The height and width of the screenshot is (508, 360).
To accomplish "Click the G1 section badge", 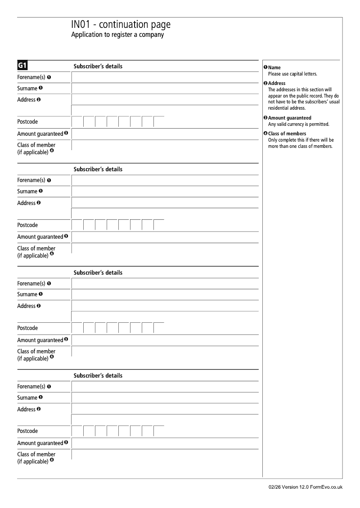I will (22, 66).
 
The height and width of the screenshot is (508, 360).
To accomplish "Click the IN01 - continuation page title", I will (121, 25).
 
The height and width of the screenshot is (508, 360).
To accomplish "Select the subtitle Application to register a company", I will (117, 35).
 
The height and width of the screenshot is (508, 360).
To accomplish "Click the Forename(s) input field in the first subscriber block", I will (165, 77).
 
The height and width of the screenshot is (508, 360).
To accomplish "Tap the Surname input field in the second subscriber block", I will (165, 192).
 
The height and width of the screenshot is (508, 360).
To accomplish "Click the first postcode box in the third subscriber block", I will (77, 328).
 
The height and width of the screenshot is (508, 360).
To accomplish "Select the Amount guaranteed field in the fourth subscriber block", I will (165, 443).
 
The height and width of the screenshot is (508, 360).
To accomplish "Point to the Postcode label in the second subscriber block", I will (27, 225).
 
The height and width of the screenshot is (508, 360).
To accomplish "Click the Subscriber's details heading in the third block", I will (98, 272).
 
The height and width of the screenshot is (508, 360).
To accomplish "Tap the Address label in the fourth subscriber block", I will (26, 409).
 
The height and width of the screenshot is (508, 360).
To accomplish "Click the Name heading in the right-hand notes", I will (274, 67).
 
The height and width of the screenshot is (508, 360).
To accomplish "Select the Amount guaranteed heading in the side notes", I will (289, 118).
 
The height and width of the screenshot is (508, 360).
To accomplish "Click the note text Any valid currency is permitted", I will (298, 124).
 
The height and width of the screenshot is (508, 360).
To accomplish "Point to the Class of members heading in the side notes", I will (287, 134).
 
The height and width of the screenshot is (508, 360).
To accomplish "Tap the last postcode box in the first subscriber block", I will (159, 122).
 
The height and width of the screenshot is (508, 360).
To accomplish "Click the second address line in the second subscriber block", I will (165, 214).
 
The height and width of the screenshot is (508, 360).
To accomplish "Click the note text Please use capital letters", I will (292, 74).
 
